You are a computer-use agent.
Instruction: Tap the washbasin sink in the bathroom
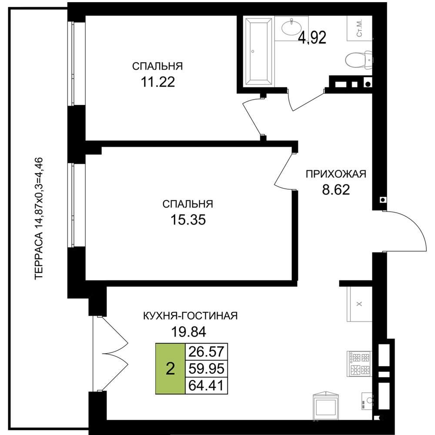pos(291,27)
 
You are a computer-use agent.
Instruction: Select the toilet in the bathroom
pos(359,59)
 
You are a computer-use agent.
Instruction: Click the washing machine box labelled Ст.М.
pos(359,28)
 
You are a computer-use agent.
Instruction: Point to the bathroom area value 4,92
pos(312,38)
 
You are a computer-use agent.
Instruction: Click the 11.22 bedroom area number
pos(158,82)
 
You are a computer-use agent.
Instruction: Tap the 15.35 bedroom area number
pos(188,220)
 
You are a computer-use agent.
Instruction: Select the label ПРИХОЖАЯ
pos(336,174)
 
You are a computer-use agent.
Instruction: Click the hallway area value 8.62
pos(336,190)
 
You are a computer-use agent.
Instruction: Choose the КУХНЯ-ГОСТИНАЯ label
pos(191,316)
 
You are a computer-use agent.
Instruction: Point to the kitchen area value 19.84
pos(189,331)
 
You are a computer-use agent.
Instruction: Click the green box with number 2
pos(170,369)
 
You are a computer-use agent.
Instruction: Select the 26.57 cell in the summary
pos(206,352)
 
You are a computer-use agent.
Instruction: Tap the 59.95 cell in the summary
pos(206,369)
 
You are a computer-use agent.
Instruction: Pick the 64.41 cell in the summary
pos(206,385)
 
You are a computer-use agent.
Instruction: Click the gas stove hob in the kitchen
pos(359,363)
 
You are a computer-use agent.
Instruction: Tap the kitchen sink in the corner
pos(367,401)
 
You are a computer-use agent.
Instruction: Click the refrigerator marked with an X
pos(359,304)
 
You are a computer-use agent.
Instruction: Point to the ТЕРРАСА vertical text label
pos(39,218)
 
